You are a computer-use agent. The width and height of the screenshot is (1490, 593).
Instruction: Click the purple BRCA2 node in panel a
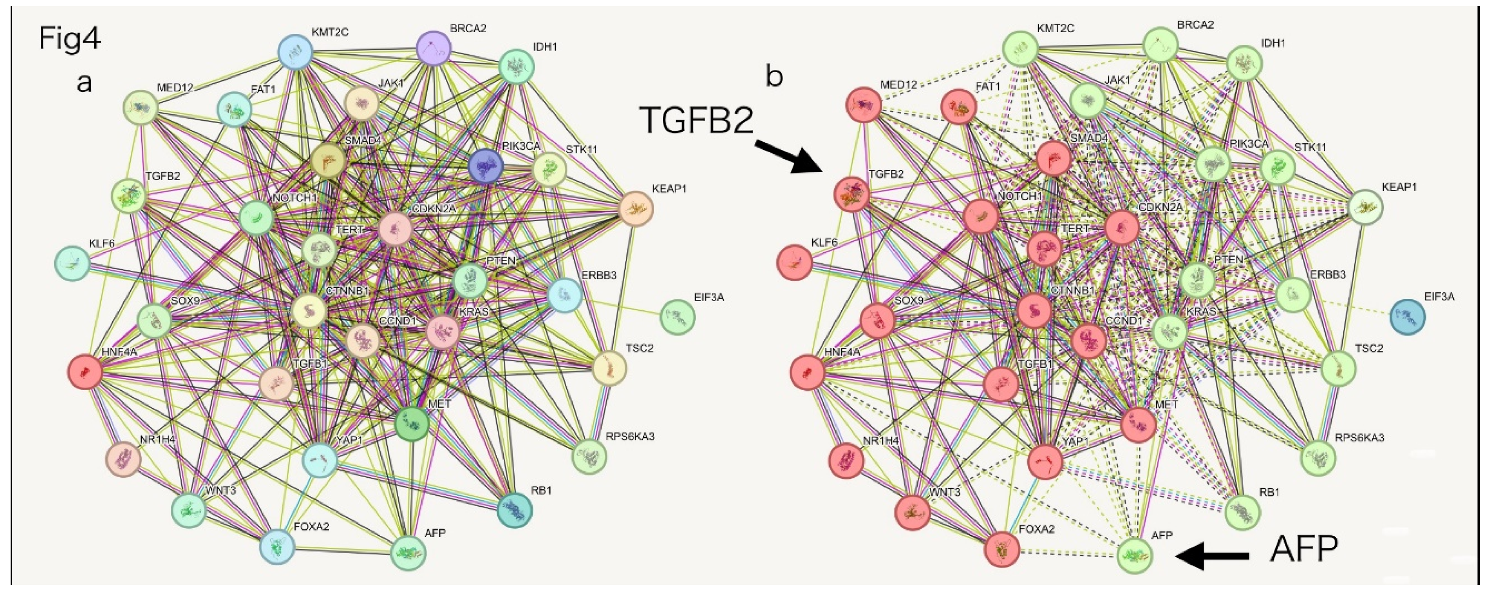[x=433, y=50]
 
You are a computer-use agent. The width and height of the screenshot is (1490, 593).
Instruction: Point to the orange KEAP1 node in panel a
[x=635, y=208]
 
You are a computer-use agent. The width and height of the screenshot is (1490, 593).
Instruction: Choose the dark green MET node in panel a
[x=411, y=424]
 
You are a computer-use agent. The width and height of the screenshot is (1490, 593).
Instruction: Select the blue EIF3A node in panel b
[x=1407, y=317]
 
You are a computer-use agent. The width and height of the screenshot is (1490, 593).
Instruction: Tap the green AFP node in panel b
[x=1134, y=555]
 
